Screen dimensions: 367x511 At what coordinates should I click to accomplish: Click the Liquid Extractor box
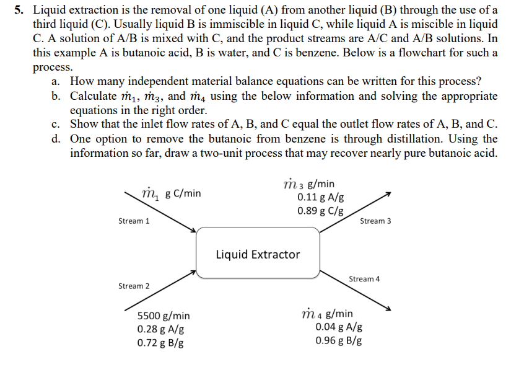pos(258,254)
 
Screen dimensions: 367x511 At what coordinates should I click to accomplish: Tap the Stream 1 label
pos(134,221)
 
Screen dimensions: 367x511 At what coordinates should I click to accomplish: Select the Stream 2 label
pos(134,286)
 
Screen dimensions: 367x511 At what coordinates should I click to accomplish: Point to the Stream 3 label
pos(375,221)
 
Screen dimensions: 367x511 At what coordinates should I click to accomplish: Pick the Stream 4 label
pos(364,279)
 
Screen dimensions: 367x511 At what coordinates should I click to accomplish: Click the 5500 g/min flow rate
pos(164,316)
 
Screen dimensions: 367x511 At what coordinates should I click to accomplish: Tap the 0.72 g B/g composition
pos(160,342)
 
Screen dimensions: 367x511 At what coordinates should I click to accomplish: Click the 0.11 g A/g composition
pos(321,197)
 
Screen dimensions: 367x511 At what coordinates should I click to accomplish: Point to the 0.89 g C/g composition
pos(321,210)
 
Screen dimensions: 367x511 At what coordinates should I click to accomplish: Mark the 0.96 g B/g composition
pos(339,340)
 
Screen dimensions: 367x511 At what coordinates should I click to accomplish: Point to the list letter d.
pos(56,138)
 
